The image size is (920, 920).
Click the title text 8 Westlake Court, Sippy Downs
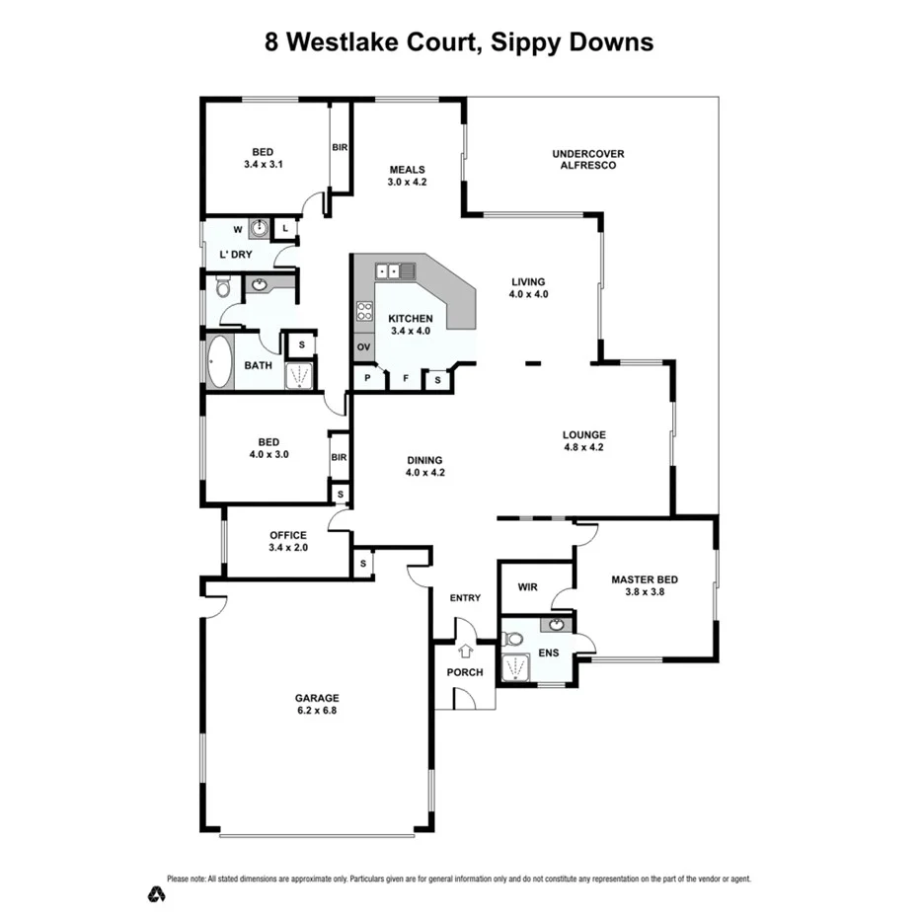pyautogui.click(x=459, y=42)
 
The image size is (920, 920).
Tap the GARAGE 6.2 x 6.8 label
pyautogui.click(x=316, y=704)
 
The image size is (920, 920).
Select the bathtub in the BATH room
pyautogui.click(x=219, y=364)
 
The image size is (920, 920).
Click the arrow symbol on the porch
pyautogui.click(x=466, y=651)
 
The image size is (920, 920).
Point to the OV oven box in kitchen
pyautogui.click(x=363, y=347)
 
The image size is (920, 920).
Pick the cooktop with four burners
pyautogui.click(x=363, y=311)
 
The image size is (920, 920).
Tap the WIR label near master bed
pyautogui.click(x=527, y=587)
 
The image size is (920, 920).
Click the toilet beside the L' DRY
pyautogui.click(x=222, y=287)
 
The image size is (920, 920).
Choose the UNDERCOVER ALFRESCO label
pyautogui.click(x=588, y=159)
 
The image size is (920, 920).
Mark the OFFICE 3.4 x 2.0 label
pyautogui.click(x=288, y=541)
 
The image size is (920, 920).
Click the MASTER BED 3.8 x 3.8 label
pyautogui.click(x=643, y=586)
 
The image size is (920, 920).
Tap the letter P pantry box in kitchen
pyautogui.click(x=367, y=379)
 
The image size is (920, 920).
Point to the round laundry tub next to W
pyautogui.click(x=259, y=229)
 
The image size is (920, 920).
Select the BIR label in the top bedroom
pyautogui.click(x=340, y=147)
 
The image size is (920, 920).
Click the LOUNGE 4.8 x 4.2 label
pyautogui.click(x=583, y=440)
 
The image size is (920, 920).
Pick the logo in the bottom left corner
pyautogui.click(x=155, y=894)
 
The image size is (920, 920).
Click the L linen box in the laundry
pyautogui.click(x=285, y=229)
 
